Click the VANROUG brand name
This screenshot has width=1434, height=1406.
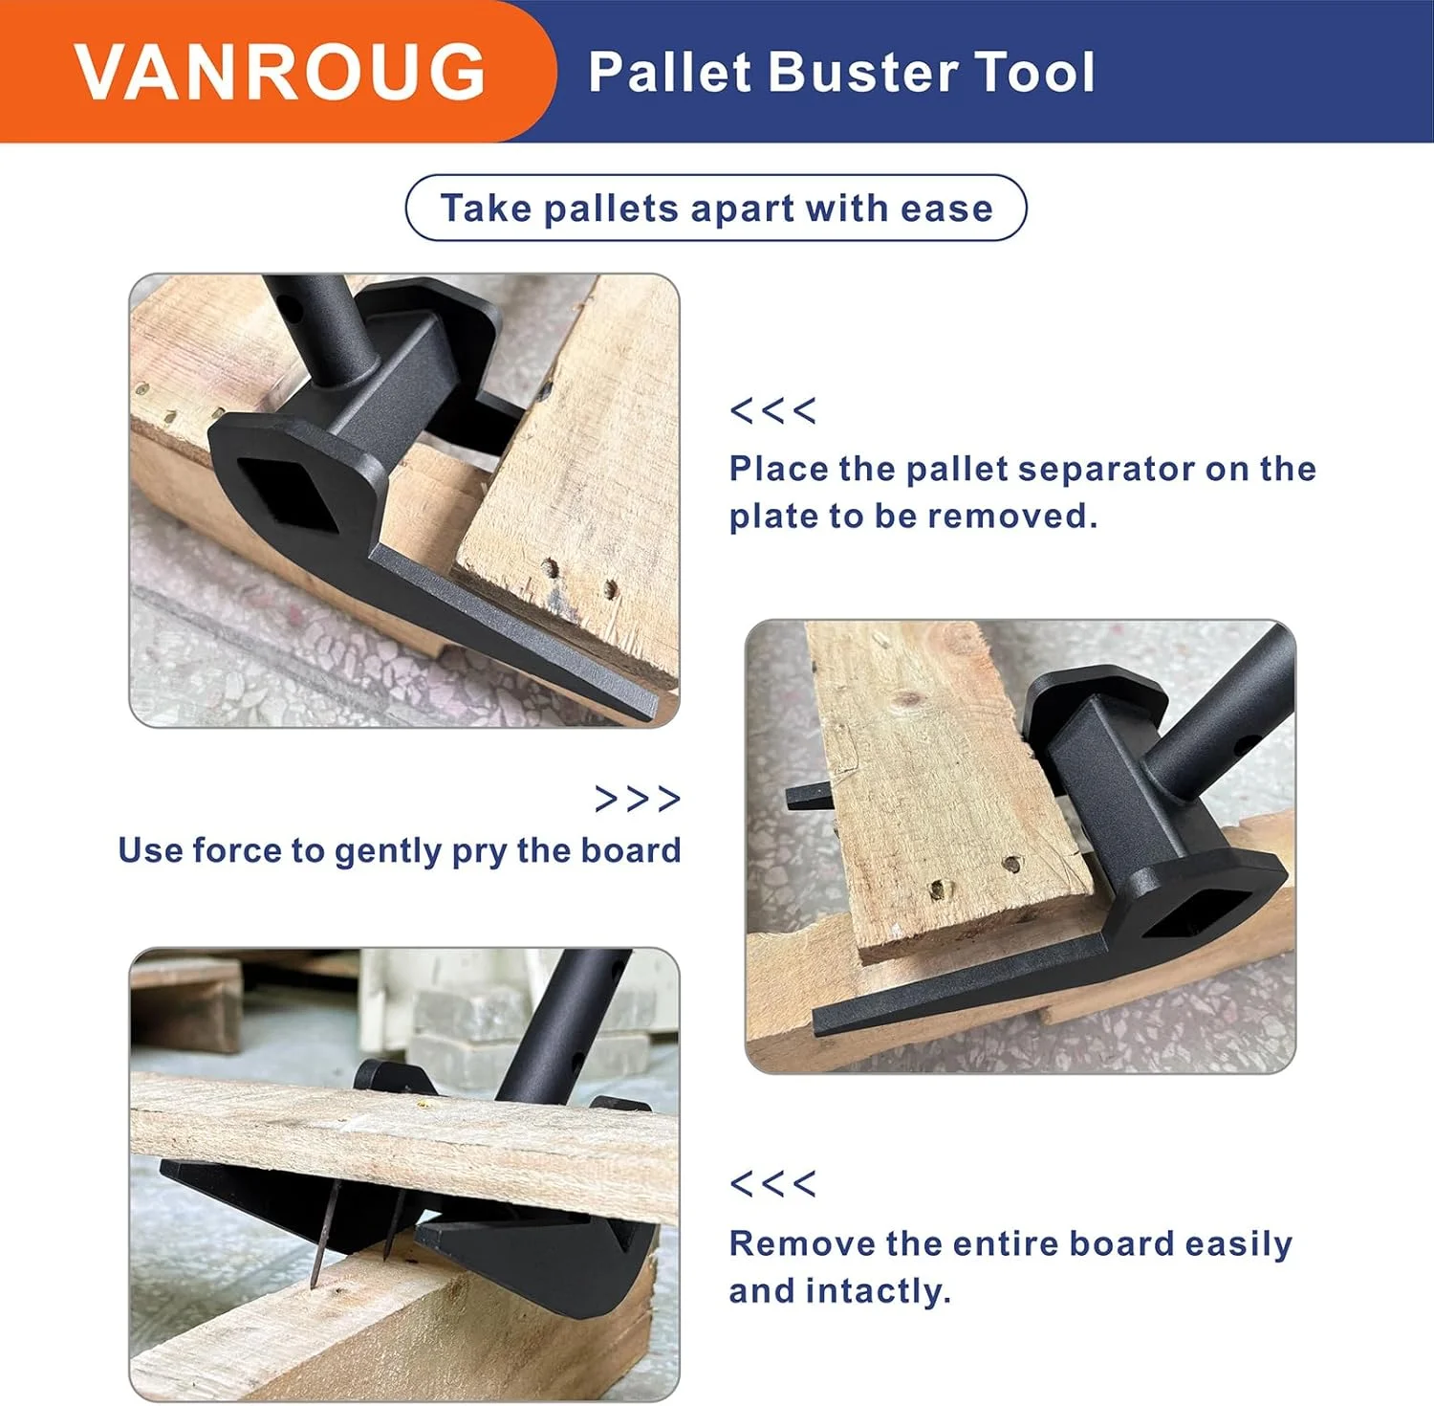[280, 72]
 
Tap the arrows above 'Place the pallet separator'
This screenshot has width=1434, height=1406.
[772, 411]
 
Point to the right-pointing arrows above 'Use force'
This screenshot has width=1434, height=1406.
[638, 799]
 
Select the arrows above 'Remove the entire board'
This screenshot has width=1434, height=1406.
[772, 1184]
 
